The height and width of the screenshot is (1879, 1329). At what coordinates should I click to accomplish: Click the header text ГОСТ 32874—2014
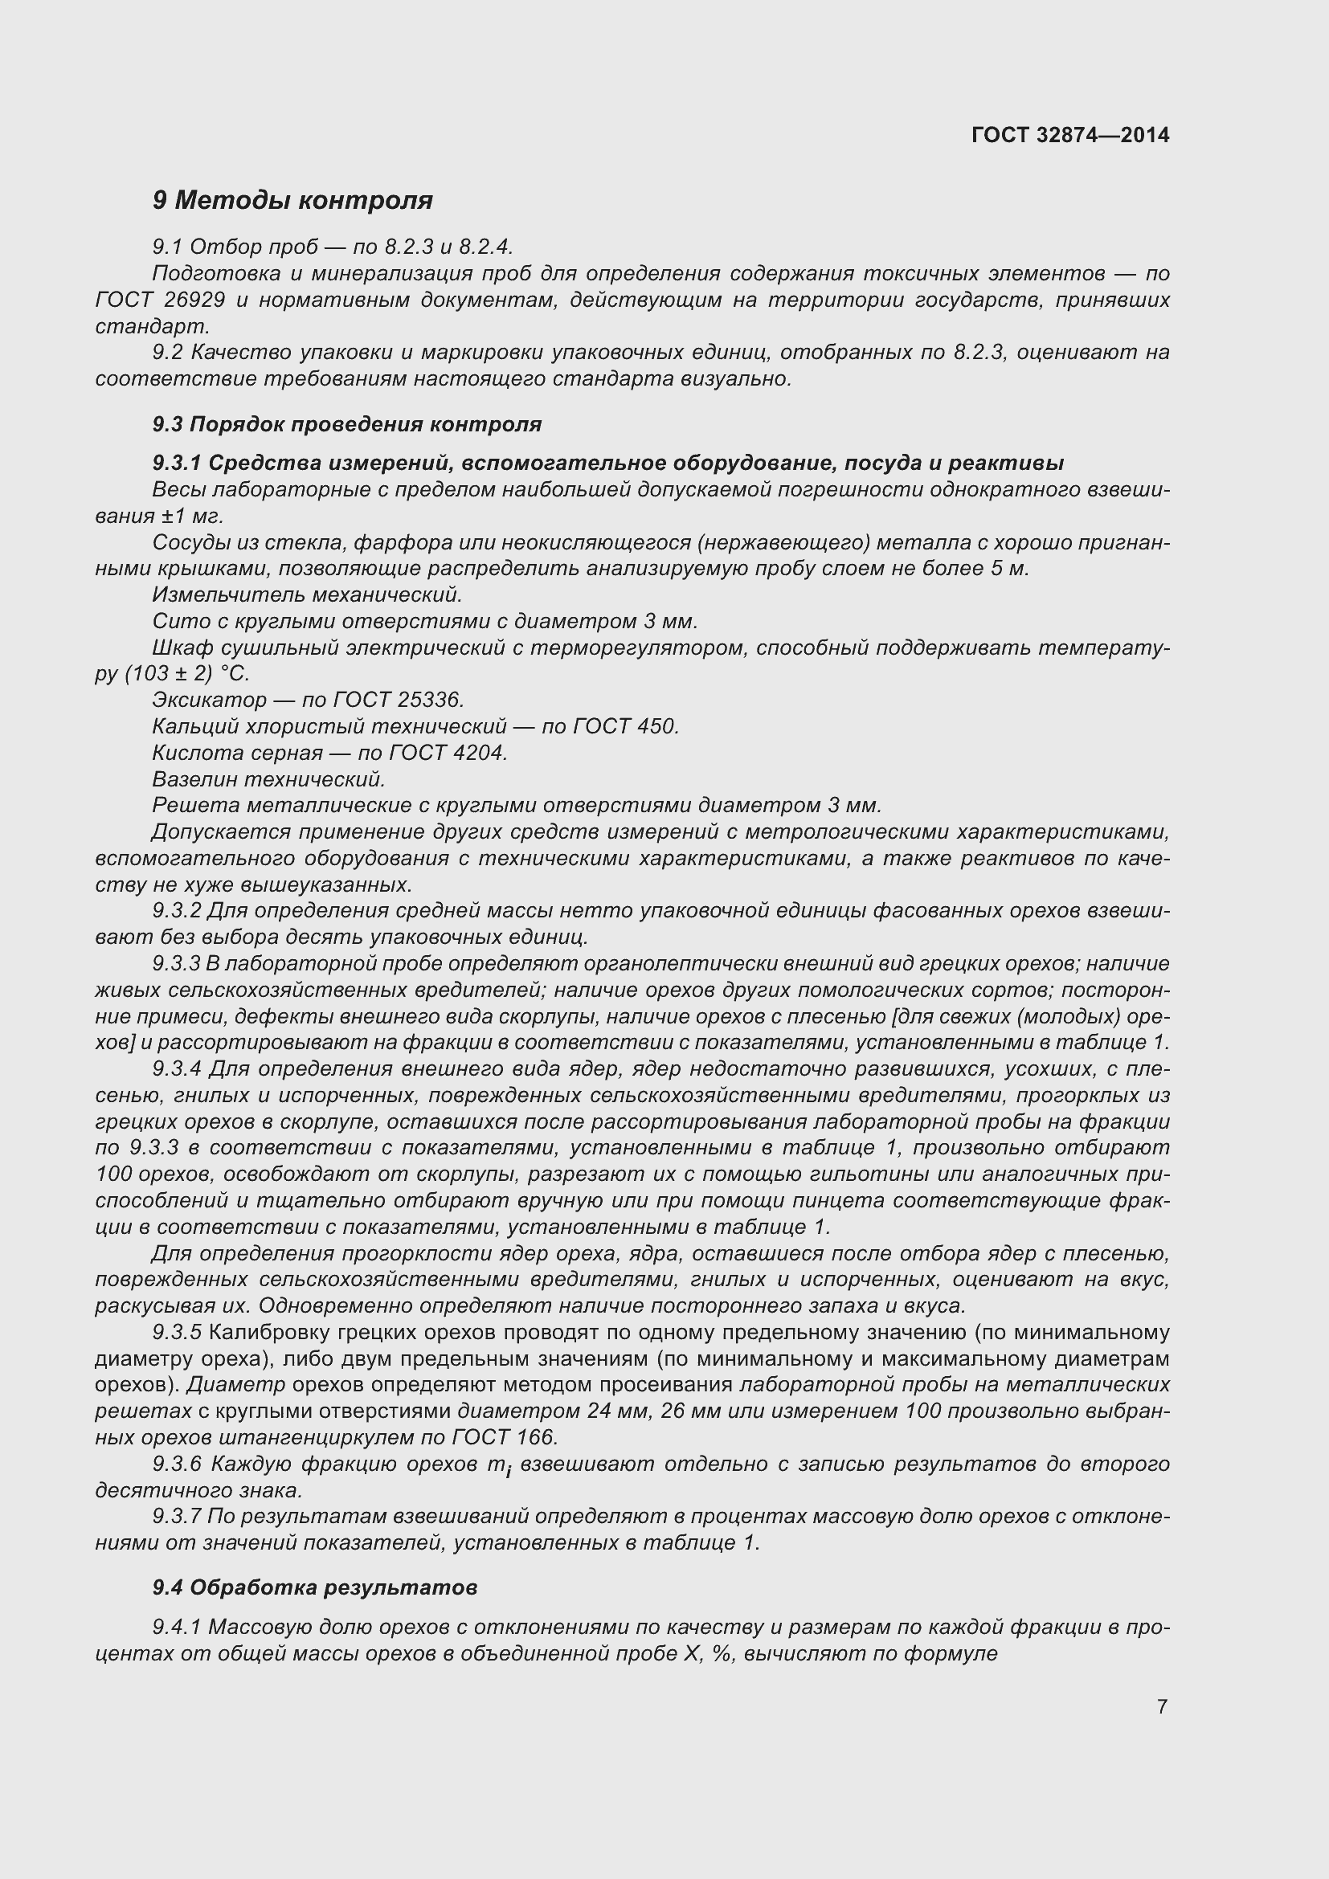pos(1069,135)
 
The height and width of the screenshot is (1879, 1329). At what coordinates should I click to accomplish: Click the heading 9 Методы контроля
pos(292,200)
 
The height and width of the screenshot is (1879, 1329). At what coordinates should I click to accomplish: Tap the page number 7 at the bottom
pos(1162,1706)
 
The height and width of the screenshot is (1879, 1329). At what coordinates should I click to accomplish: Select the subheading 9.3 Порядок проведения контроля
pos(347,424)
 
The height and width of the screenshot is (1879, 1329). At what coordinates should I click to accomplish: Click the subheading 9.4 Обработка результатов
pos(315,1587)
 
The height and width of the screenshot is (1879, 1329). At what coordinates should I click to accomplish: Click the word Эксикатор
pos(210,700)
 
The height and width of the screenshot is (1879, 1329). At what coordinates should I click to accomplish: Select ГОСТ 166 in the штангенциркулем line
pos(502,1437)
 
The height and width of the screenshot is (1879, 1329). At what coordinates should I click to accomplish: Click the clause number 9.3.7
pos(176,1517)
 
